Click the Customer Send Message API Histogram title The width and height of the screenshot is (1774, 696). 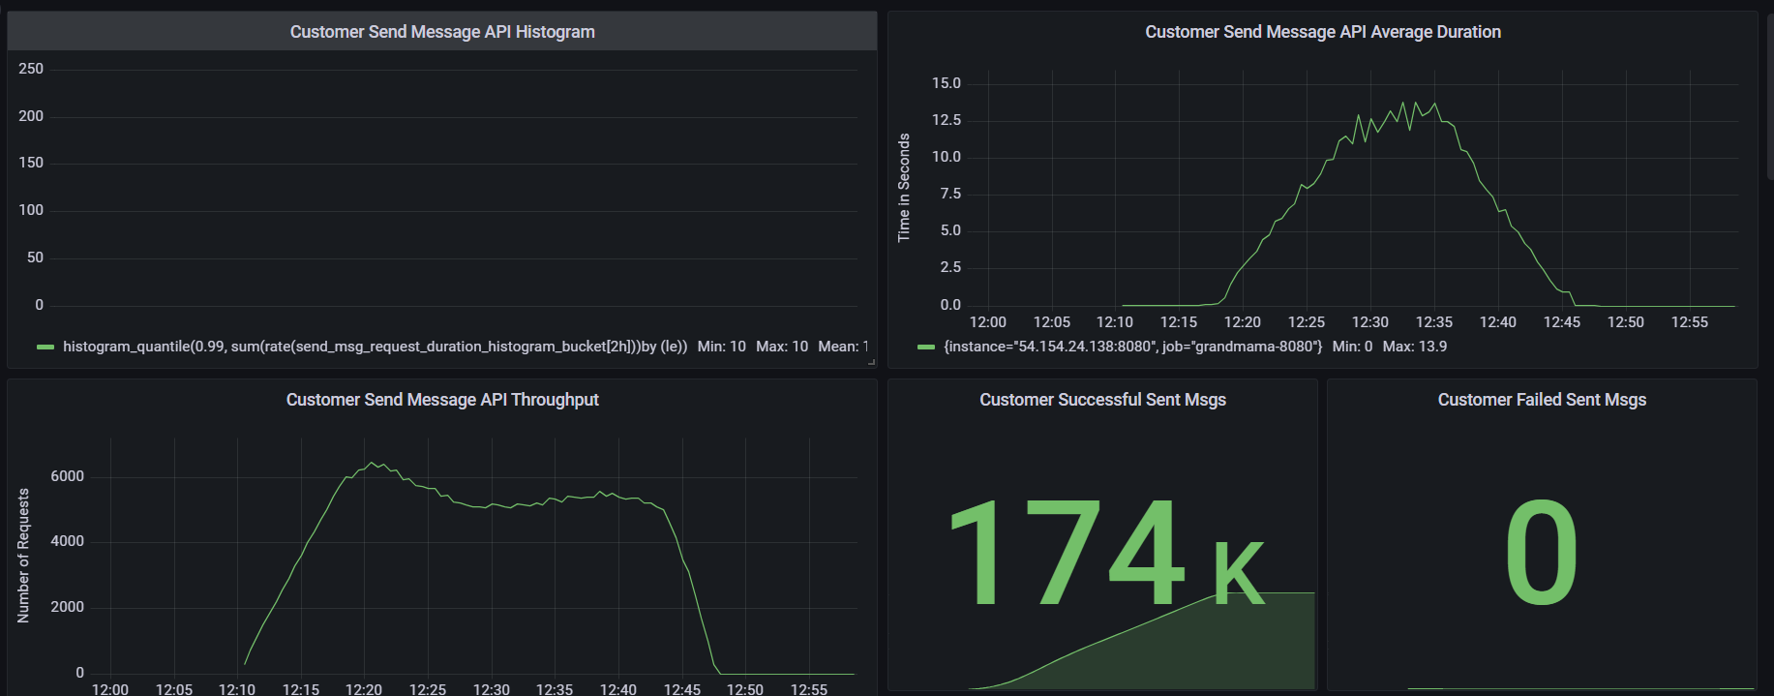(442, 32)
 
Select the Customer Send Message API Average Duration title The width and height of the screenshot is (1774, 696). (1323, 32)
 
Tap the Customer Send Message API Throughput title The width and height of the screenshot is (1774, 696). (442, 400)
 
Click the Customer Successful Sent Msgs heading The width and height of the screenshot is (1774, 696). (1102, 400)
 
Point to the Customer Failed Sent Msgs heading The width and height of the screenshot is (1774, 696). (1542, 400)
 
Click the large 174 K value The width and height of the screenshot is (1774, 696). (1103, 553)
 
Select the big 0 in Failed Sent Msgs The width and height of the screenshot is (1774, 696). (1541, 553)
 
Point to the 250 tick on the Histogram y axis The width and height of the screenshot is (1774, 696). (31, 69)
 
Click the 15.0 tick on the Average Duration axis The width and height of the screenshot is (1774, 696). (946, 83)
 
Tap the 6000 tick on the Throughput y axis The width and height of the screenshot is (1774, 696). (67, 476)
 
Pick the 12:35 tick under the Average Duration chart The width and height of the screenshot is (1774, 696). (1433, 322)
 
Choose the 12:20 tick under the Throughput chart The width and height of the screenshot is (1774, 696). (364, 689)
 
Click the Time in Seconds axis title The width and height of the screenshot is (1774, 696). (904, 188)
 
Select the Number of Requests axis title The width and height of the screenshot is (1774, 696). (24, 556)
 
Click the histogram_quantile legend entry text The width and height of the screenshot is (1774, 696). (375, 347)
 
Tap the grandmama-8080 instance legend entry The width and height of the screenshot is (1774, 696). (1132, 347)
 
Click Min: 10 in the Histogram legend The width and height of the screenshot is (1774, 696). (721, 347)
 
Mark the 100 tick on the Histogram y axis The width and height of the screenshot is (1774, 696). (31, 210)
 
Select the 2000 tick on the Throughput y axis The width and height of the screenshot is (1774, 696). (67, 607)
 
